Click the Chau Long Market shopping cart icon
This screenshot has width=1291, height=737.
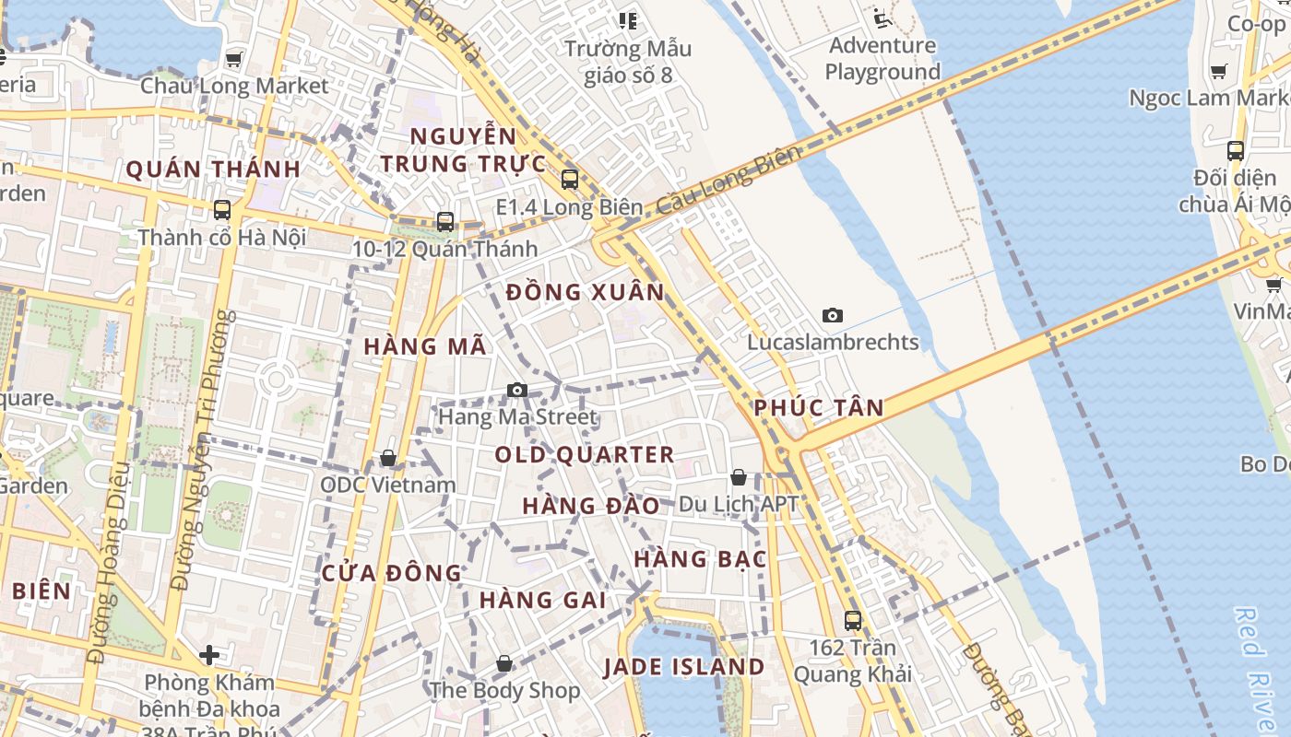[x=234, y=59]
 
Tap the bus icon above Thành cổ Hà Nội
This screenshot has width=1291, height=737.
[x=222, y=209]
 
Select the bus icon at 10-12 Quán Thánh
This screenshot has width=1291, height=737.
[x=445, y=221]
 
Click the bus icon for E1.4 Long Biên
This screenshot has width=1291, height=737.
[x=570, y=180]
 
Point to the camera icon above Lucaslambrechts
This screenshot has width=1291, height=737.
[x=833, y=315]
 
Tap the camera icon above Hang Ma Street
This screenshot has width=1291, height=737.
[x=517, y=390]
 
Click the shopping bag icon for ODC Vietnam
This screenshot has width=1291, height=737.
[x=388, y=458]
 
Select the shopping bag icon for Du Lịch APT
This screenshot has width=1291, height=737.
[x=739, y=477]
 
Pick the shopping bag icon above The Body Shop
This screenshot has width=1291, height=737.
[x=504, y=663]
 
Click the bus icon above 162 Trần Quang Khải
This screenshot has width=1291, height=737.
[x=853, y=620]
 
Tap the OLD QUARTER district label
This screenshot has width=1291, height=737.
[x=585, y=455]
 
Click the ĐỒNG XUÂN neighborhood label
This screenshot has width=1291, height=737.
[x=585, y=293]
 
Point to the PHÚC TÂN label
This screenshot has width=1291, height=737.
[x=819, y=407]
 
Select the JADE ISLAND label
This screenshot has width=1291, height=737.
[x=684, y=667]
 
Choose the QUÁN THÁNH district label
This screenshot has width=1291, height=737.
[x=213, y=170]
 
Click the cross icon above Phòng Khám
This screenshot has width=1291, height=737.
[x=209, y=655]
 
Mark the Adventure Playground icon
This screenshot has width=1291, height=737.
[x=882, y=18]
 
